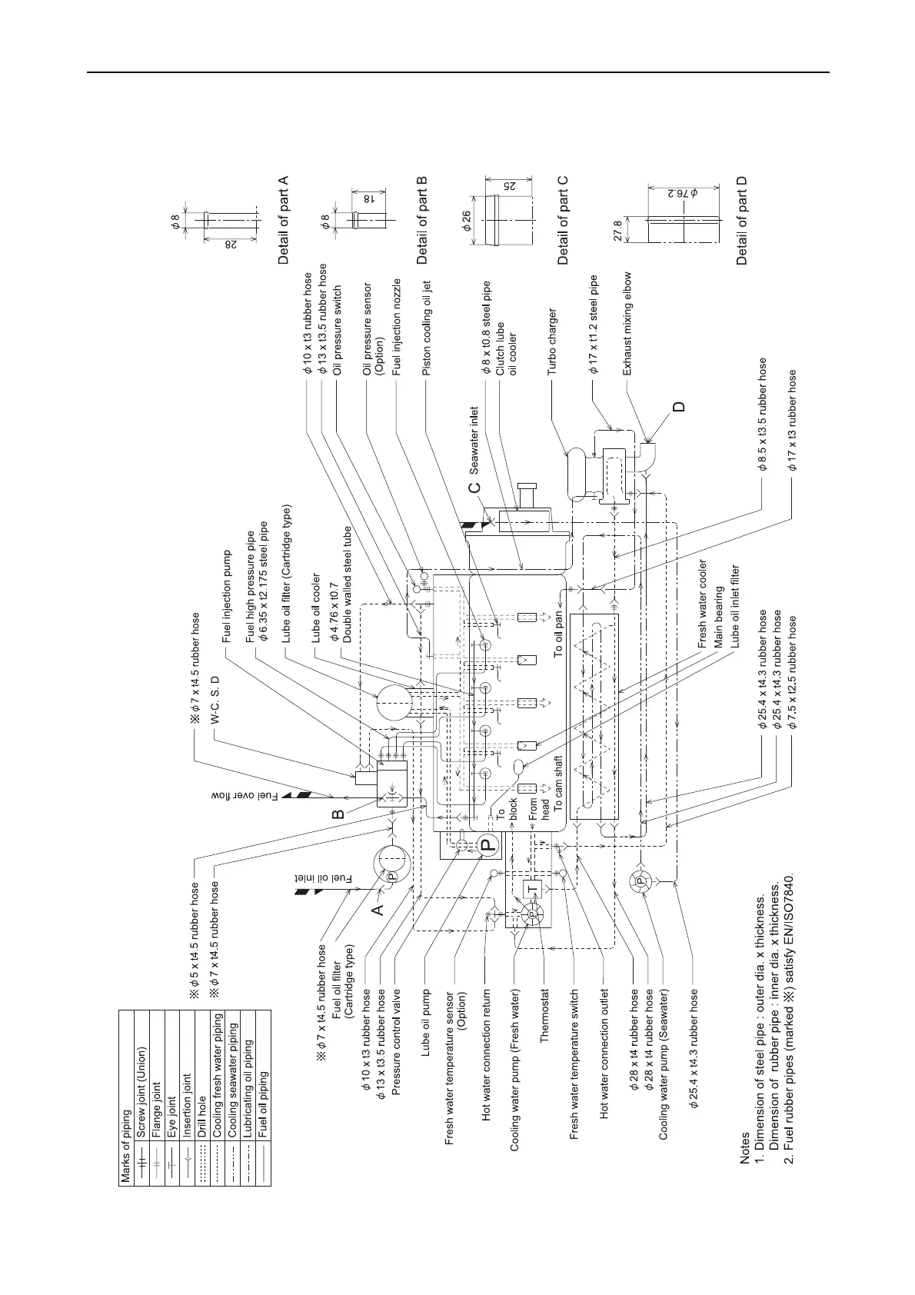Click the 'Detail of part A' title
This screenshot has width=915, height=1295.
point(284,221)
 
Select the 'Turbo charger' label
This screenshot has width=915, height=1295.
point(552,342)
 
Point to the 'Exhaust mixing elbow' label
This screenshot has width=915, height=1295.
point(627,324)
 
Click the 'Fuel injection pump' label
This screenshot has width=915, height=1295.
point(227,597)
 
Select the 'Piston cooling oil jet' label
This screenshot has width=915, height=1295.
point(427,328)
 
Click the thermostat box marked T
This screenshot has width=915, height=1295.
point(534,889)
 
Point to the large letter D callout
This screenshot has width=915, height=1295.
point(678,406)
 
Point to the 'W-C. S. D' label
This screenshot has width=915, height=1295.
point(215,701)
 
